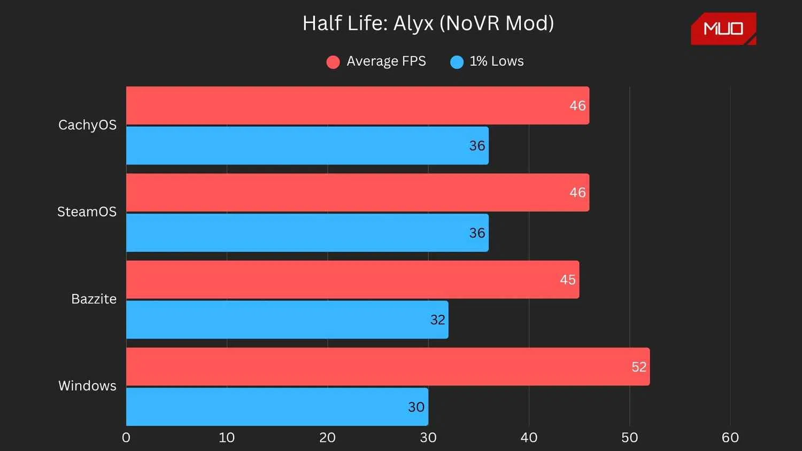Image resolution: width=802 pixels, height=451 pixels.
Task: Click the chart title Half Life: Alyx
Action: tap(428, 24)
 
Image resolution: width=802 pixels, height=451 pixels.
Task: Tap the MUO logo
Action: tap(723, 29)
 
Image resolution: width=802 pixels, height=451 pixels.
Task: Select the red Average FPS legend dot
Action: tap(333, 62)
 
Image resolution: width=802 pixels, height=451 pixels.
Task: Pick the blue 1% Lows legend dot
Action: tap(457, 62)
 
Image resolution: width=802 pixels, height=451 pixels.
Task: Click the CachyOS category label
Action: tap(87, 125)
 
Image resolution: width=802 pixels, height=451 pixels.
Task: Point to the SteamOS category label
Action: tap(87, 212)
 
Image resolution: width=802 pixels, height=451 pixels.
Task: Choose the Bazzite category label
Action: tap(94, 299)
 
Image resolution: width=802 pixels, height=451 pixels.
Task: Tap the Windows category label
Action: tap(87, 386)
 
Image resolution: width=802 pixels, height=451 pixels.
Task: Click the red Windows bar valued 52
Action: tap(388, 367)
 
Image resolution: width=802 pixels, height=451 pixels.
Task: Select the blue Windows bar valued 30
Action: tap(277, 407)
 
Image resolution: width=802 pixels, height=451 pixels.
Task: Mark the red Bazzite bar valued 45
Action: tap(352, 279)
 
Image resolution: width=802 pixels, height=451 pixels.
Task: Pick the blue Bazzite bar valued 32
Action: tap(287, 320)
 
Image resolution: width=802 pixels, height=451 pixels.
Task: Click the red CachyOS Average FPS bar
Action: tap(357, 105)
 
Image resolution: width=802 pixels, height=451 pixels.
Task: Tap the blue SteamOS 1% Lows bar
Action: tap(307, 232)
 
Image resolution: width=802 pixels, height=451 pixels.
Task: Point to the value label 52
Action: tap(639, 367)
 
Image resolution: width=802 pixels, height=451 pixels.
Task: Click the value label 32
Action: tap(437, 320)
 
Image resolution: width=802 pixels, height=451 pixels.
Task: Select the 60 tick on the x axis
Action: tap(730, 438)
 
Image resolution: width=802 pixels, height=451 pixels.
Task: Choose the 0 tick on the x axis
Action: tap(126, 438)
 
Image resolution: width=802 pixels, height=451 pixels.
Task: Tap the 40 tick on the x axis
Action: tap(529, 438)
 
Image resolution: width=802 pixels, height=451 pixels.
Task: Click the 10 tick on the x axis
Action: tap(227, 438)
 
